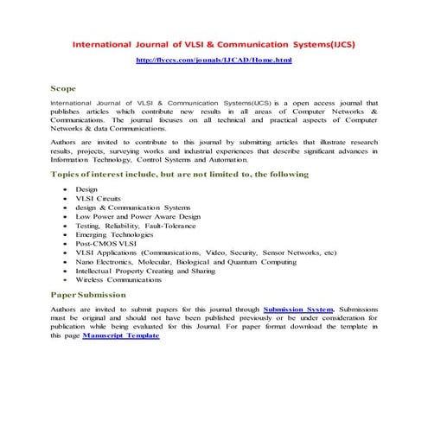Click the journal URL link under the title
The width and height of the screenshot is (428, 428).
[x=214, y=60]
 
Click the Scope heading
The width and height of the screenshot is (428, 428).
[x=63, y=88]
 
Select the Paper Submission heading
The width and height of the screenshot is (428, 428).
[x=88, y=295]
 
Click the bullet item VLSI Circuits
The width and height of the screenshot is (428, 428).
[x=99, y=198]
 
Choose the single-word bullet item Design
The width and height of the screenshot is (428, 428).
[x=86, y=188]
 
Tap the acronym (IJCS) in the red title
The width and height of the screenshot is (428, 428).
[x=338, y=42]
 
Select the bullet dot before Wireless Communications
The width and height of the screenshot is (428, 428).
[x=66, y=279]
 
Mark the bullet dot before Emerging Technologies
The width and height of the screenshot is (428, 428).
[x=66, y=233]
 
